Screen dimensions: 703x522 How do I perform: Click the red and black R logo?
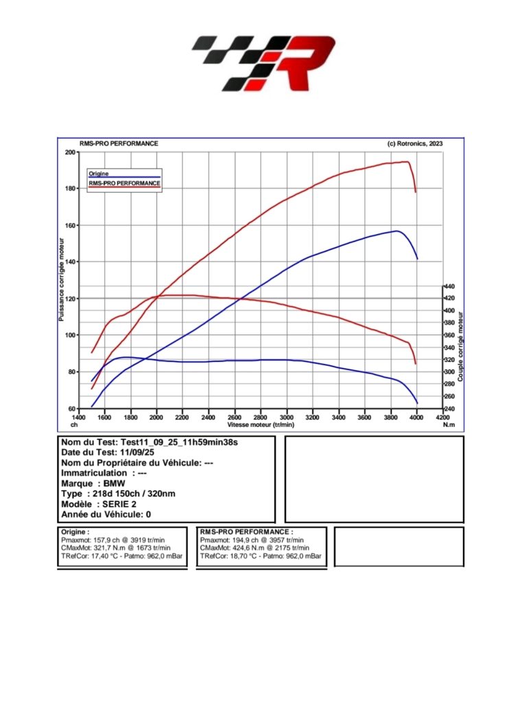point(263,64)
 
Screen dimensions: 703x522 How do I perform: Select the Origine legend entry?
point(99,174)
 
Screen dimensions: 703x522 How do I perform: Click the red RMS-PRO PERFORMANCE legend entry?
point(124,183)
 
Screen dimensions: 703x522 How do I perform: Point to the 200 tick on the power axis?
point(71,152)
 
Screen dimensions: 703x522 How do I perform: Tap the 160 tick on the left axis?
point(71,225)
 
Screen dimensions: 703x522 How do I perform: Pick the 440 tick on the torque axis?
point(449,286)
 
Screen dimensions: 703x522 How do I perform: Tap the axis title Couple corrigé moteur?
point(461,347)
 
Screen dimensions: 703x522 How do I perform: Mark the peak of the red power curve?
point(406,162)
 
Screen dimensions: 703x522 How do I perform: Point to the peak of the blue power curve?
point(396,231)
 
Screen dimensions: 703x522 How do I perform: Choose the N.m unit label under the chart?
point(449,425)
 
